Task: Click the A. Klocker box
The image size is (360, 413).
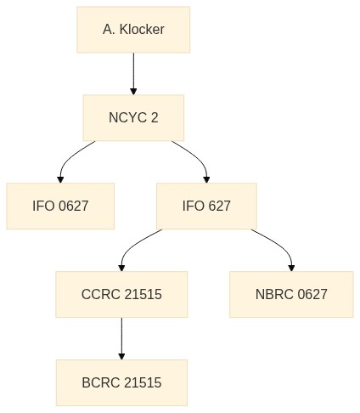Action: pyautogui.click(x=133, y=30)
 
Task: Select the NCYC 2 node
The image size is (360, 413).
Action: pyautogui.click(x=133, y=118)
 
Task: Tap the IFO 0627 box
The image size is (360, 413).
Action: pyautogui.click(x=60, y=206)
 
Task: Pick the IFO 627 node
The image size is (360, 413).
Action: pyautogui.click(x=206, y=206)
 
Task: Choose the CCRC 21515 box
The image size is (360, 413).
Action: pyautogui.click(x=121, y=294)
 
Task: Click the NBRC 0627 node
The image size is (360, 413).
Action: pyautogui.click(x=291, y=294)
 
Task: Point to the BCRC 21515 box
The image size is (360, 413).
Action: pyautogui.click(x=121, y=382)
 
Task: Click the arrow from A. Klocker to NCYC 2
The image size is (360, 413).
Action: pyautogui.click(x=133, y=74)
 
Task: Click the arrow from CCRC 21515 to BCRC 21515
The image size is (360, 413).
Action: pyautogui.click(x=121, y=338)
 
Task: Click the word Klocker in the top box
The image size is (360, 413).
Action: pyautogui.click(x=142, y=30)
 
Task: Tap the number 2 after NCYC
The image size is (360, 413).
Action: pyautogui.click(x=155, y=118)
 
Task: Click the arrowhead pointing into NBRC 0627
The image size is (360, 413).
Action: pyautogui.click(x=291, y=268)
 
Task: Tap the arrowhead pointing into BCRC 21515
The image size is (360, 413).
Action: pyautogui.click(x=121, y=356)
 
